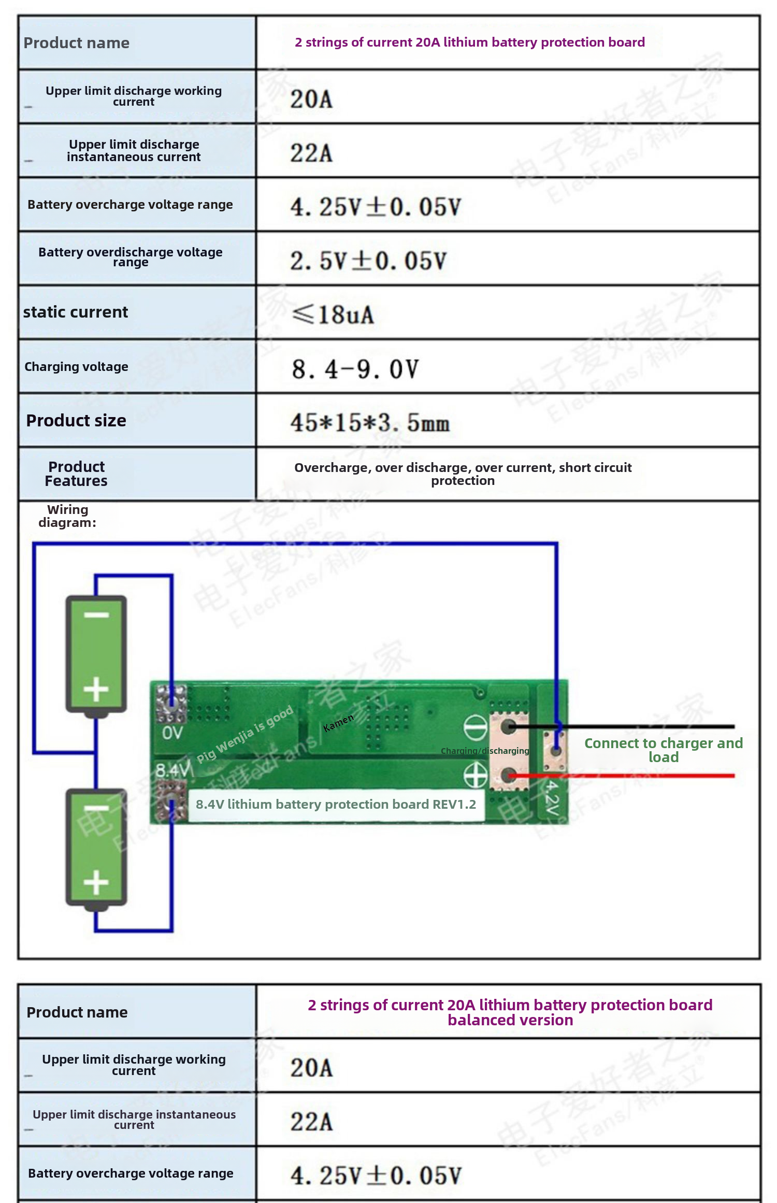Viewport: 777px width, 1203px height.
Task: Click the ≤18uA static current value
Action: point(333,314)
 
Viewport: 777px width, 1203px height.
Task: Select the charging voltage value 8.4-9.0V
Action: point(355,369)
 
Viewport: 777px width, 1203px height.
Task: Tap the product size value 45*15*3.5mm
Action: point(370,423)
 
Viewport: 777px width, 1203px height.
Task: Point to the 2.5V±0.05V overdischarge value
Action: point(368,261)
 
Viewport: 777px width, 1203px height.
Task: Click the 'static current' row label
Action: point(76,312)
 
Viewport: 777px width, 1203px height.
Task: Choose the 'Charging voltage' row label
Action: point(76,367)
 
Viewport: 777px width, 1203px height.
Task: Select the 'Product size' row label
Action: point(76,421)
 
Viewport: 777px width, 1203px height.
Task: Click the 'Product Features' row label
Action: point(76,474)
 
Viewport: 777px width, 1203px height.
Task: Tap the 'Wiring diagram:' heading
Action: point(67,516)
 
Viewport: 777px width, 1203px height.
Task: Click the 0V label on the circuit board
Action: point(172,733)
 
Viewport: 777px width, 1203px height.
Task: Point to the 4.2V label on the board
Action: point(552,798)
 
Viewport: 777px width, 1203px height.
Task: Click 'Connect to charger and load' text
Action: point(664,750)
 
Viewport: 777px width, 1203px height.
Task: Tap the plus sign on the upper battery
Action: point(96,690)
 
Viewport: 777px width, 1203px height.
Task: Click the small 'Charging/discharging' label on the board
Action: point(485,751)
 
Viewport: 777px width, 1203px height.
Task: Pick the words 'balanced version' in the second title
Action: point(510,1020)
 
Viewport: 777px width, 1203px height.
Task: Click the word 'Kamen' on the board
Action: point(338,722)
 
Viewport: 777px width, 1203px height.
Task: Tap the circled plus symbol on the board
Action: point(476,776)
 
